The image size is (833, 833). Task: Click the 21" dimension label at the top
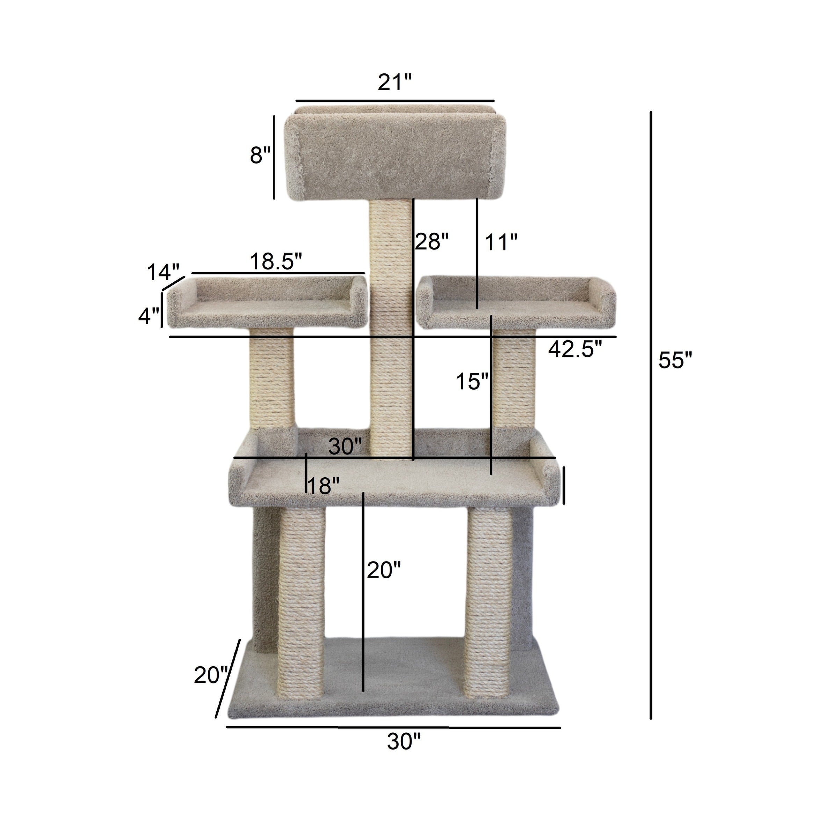395,83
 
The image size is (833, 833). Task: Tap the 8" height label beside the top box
260,155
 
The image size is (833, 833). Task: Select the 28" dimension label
432,242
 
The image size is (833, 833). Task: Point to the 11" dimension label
501,243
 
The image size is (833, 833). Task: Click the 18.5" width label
276,261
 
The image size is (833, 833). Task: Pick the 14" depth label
163,273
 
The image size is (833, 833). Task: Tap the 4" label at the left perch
148,317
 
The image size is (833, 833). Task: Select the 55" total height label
675,361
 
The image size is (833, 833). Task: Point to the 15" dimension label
472,382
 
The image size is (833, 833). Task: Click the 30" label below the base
403,741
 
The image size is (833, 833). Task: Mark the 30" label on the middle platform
345,446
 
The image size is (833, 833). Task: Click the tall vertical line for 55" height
651,414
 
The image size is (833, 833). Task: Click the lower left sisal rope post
302,604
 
